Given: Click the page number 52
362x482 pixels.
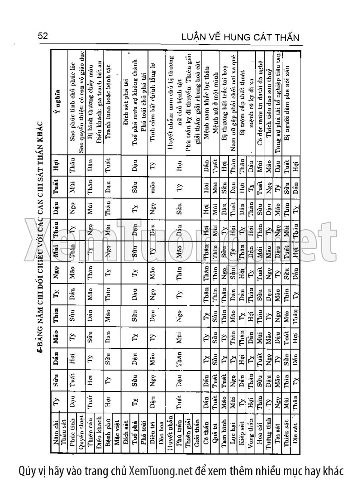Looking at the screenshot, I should click(43, 37).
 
